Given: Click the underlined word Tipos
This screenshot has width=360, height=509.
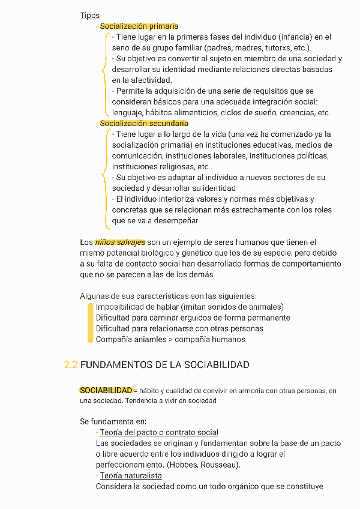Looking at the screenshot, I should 89,16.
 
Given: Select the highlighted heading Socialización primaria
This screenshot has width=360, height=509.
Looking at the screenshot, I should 139,26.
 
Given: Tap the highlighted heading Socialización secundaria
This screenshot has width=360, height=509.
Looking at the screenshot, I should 144,123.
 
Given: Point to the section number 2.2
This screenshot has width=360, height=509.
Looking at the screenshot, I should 71,365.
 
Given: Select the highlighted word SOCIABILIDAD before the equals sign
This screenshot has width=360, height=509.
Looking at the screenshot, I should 106,391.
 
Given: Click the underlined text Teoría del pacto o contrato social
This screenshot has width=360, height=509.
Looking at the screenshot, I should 159,432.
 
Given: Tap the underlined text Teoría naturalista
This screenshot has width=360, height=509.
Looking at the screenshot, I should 131,475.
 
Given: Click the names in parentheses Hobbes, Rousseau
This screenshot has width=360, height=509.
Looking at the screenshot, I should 205,465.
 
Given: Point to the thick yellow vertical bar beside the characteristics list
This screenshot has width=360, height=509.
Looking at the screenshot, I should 90,323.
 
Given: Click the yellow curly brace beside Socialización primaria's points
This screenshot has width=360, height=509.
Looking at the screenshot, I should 106,74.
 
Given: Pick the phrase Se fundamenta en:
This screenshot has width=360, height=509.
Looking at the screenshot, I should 113,421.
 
